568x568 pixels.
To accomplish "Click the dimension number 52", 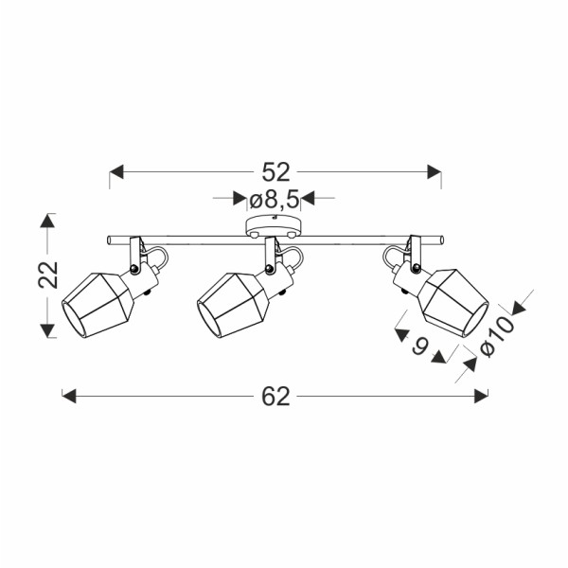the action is tap(276, 172).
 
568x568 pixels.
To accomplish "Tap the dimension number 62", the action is tap(276, 397).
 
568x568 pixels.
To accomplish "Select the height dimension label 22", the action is tap(48, 275).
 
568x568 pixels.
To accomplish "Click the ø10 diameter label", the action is tap(497, 336).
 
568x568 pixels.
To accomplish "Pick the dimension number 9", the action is tap(420, 346).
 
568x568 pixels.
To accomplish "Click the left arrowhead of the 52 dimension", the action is tap(116, 171).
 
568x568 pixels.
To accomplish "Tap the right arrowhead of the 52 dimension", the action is tap(435, 171).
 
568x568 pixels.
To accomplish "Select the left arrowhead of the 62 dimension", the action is tap(69, 396).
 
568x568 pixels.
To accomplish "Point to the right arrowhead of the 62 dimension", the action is tap(481, 396).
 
